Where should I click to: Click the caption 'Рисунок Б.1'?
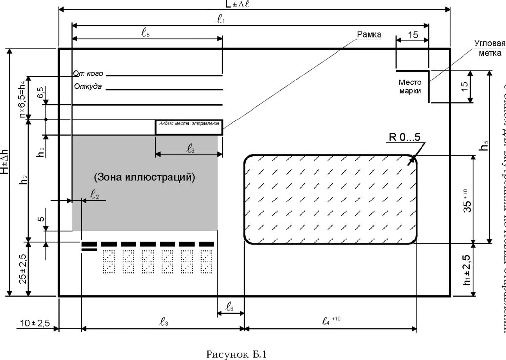[236, 354]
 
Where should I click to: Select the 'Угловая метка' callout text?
[489, 48]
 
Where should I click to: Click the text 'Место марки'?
[410, 87]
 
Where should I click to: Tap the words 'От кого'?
[88, 74]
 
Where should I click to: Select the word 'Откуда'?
[88, 87]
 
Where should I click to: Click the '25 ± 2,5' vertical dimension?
[22, 269]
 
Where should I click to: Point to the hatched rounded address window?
[330, 199]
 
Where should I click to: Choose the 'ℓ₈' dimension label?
[190, 148]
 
